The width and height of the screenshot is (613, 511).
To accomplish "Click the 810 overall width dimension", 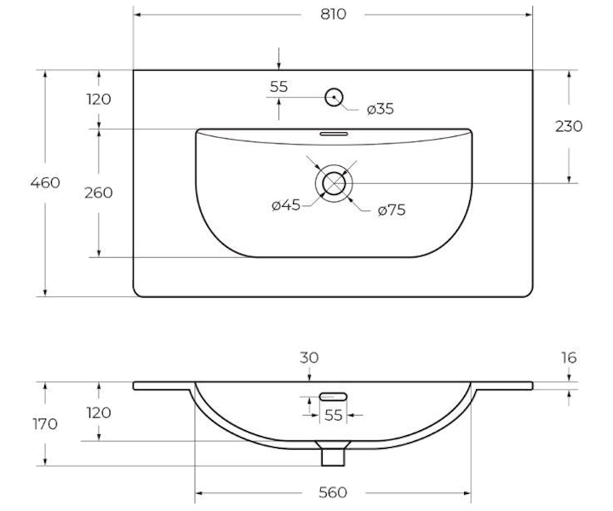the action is (x=333, y=14).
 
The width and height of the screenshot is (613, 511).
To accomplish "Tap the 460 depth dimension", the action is (x=45, y=182).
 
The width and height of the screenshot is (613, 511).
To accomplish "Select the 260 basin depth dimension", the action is (x=99, y=192).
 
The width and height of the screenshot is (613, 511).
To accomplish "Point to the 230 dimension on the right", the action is (x=569, y=126).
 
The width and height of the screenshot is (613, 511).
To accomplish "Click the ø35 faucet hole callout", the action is (x=380, y=109).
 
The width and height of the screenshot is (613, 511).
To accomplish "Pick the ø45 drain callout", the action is (x=286, y=205).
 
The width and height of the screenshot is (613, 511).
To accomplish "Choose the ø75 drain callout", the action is (x=392, y=210).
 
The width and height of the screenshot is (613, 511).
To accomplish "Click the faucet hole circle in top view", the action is (x=334, y=97).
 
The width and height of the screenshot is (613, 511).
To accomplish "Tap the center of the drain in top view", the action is (x=334, y=183).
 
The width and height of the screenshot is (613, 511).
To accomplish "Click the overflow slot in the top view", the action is (x=334, y=134).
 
